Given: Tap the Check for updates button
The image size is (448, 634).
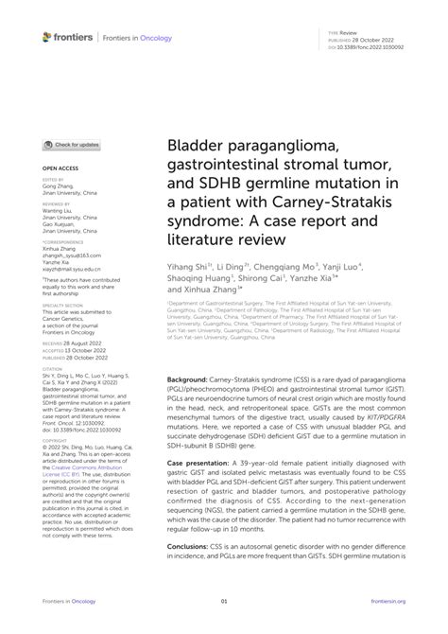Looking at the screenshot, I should click(x=72, y=145).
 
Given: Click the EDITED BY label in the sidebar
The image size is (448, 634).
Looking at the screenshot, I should click(x=53, y=179).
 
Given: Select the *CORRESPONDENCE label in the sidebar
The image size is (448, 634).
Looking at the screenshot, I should click(x=61, y=243).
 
